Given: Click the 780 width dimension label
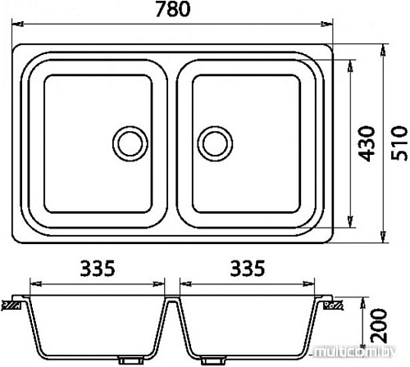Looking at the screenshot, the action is click(x=173, y=9).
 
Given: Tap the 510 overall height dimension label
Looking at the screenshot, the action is click(x=399, y=143).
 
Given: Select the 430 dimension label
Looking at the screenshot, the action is click(x=367, y=143).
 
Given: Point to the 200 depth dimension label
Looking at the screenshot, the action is click(x=379, y=326).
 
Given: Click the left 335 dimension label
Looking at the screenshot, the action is click(x=98, y=268).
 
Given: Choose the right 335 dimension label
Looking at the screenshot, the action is click(x=248, y=268).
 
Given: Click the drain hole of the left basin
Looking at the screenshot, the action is click(x=130, y=143).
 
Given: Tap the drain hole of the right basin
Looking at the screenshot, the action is click(x=215, y=143).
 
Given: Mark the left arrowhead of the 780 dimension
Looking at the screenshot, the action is click(x=17, y=24).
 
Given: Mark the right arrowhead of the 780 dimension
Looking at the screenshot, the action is click(x=327, y=24).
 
